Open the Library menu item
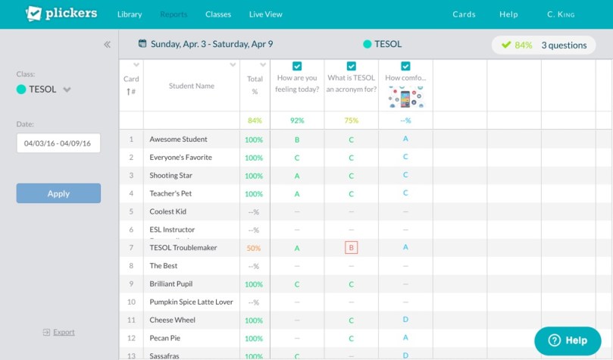tap(130, 14)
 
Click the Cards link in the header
tap(464, 14)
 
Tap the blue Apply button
tap(58, 193)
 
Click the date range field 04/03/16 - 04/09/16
tap(58, 143)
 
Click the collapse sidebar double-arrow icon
tap(108, 45)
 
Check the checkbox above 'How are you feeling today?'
tap(297, 66)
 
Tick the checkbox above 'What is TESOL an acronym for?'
tap(352, 66)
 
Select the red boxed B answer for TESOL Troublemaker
tap(351, 248)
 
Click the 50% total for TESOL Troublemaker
tap(254, 249)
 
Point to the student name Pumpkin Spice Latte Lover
tap(191, 302)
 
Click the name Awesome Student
tap(178, 139)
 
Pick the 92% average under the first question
tap(297, 121)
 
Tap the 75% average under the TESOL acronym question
tap(352, 121)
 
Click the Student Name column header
tap(191, 86)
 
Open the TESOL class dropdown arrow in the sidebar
tap(67, 89)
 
